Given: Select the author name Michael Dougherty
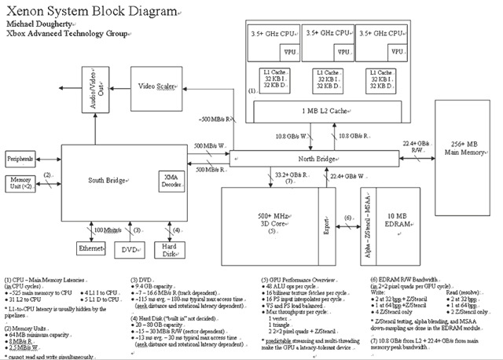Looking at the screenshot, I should pyautogui.click(x=38, y=25).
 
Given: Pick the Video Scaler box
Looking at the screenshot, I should pyautogui.click(x=158, y=85).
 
